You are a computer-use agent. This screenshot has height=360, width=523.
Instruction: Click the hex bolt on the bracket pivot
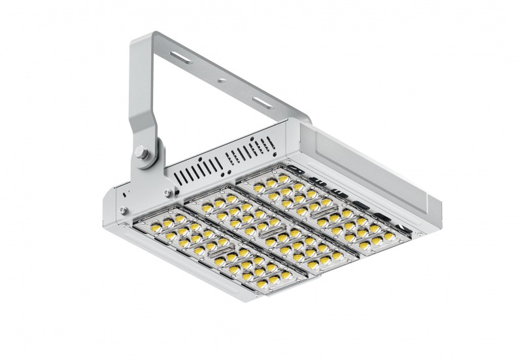point(142,154)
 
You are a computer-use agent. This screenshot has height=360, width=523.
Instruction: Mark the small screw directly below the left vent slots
point(169,192)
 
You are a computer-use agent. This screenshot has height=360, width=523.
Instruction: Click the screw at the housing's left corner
point(122,208)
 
